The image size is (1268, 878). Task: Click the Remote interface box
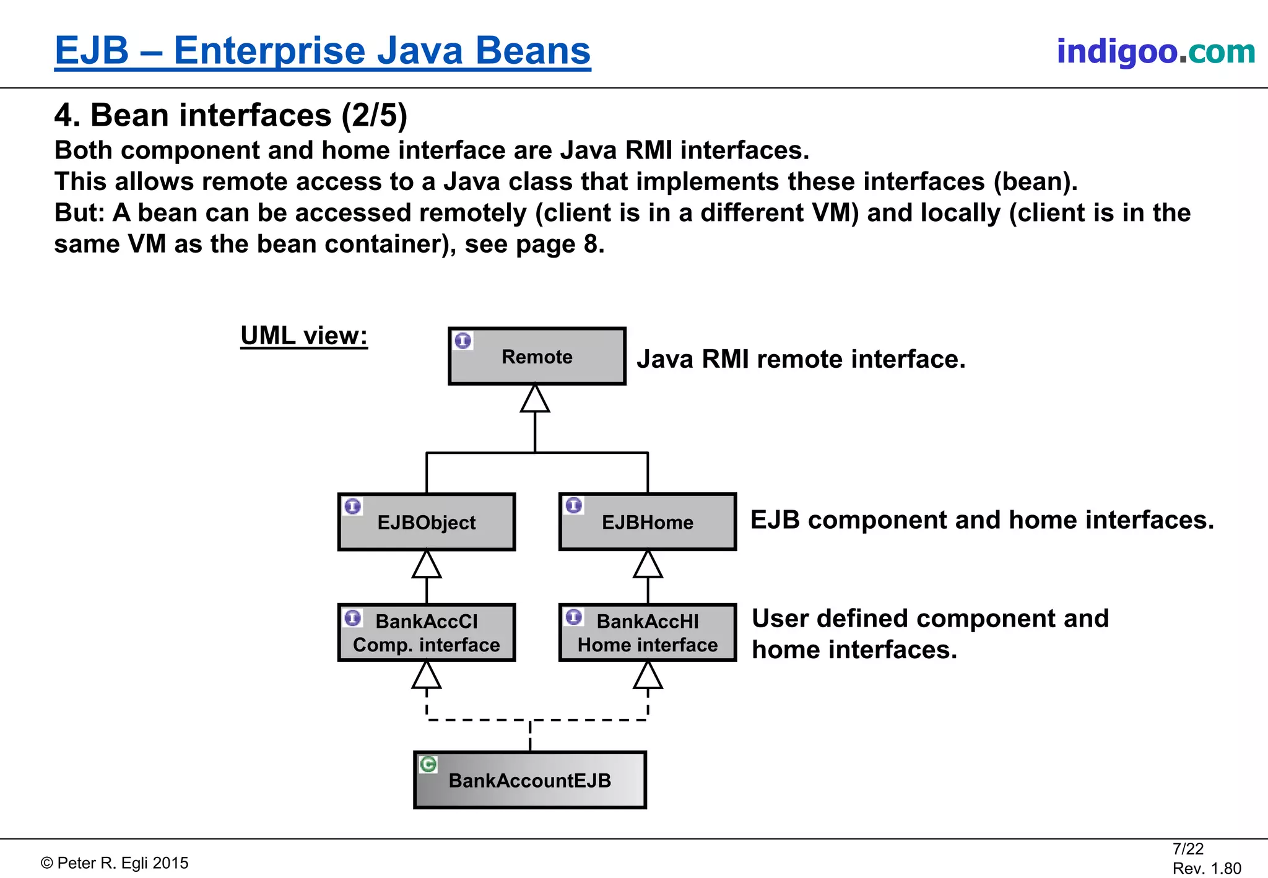[x=537, y=357]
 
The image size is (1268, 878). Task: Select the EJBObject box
[x=426, y=522]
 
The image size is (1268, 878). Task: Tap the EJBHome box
[x=648, y=522]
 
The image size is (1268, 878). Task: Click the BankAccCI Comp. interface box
[x=426, y=633]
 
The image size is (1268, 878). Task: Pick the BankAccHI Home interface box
[x=648, y=633]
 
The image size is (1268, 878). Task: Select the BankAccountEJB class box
[x=529, y=780]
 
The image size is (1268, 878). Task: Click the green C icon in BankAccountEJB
[x=428, y=764]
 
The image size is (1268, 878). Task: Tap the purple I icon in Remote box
[x=463, y=341]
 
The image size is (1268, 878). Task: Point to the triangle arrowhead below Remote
[x=535, y=399]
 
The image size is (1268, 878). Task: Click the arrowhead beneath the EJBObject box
[x=427, y=565]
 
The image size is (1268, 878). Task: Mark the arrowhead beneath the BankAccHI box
[x=648, y=676]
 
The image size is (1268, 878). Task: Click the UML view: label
[x=304, y=336]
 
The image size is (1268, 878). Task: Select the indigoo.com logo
[x=1155, y=51]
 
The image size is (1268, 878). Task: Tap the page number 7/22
[x=1188, y=849]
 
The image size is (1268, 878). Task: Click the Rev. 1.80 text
[x=1206, y=868]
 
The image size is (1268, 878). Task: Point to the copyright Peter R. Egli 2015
[x=115, y=863]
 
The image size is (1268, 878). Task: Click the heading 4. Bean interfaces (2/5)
[x=230, y=115]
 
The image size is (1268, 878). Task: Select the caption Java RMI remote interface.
[x=801, y=359]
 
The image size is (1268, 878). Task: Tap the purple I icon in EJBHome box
[x=574, y=505]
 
